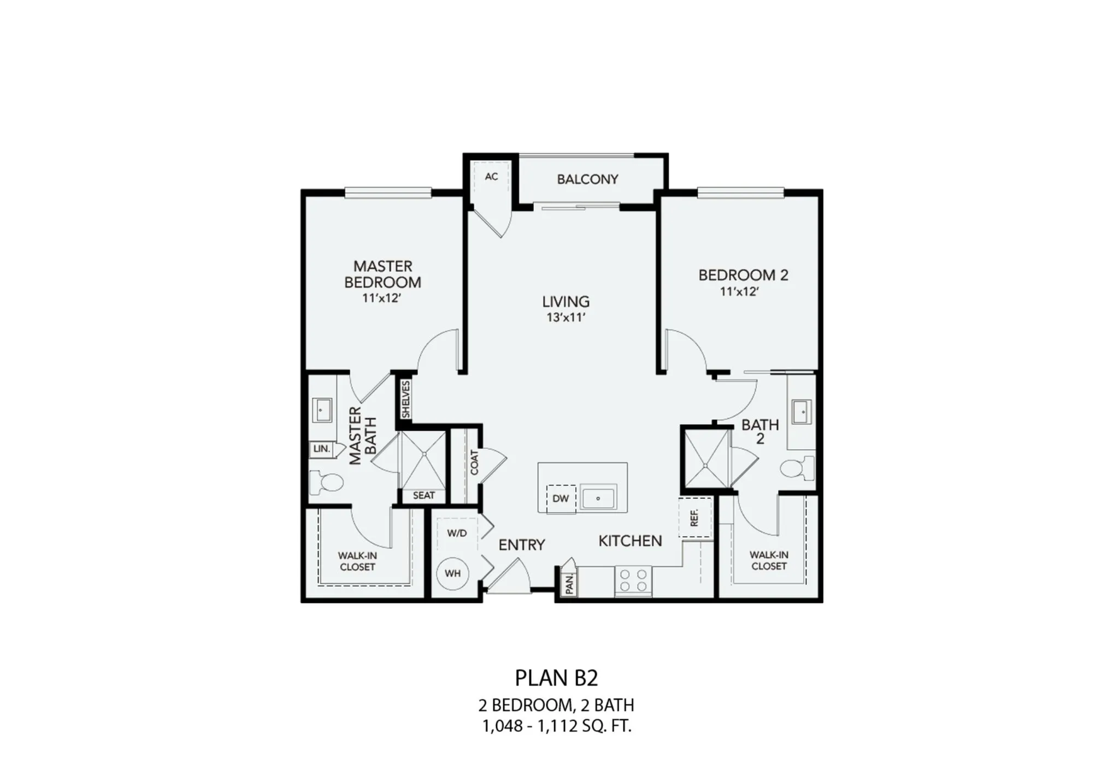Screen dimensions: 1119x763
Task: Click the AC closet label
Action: point(491,177)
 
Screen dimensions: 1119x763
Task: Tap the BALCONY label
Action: point(587,179)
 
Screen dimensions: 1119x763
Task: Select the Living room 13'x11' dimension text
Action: point(566,318)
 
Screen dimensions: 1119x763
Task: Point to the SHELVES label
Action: point(405,400)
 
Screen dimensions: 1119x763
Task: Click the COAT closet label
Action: point(474,462)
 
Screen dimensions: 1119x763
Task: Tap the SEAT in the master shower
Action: point(424,496)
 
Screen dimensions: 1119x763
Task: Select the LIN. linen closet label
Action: point(322,449)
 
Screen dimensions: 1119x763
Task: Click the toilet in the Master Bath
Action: point(326,483)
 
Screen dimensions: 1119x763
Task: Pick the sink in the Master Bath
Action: point(321,410)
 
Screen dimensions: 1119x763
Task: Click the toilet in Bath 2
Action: point(797,468)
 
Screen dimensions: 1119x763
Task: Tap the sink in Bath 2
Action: point(802,412)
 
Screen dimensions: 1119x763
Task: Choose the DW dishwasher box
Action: point(561,499)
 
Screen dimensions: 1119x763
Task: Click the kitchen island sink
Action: point(598,498)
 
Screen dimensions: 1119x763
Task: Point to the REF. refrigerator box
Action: point(695,518)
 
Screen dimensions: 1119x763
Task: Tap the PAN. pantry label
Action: point(570,584)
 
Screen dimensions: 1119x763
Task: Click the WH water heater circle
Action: point(453,573)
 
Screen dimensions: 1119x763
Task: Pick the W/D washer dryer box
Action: point(457,533)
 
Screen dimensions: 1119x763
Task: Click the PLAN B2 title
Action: point(557,678)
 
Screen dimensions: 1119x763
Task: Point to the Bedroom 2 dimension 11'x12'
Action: point(740,292)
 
